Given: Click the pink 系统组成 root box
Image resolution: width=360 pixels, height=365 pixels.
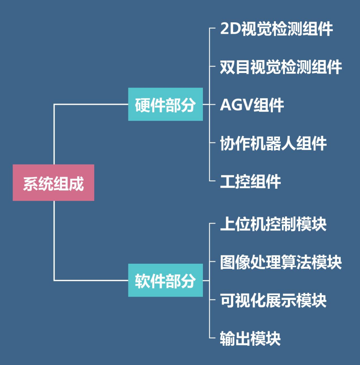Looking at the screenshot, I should coord(53,183).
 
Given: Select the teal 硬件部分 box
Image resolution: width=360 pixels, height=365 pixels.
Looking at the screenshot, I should coord(165,104).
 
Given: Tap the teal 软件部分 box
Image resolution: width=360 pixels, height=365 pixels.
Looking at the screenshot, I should coord(165,280).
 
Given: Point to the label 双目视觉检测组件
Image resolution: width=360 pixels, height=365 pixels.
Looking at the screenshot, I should coord(281,67).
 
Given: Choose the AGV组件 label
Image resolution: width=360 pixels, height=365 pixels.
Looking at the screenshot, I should coord(252,105).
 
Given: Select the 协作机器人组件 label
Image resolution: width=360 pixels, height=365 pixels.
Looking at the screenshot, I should coord(274,143).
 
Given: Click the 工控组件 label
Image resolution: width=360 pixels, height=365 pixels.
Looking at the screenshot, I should coord(250,182).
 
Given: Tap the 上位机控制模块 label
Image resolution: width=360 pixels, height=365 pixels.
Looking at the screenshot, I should coord(274,224).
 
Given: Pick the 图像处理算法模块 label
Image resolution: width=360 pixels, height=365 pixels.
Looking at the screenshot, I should coord(281,263).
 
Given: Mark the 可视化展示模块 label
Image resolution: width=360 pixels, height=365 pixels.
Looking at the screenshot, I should coord(274,301).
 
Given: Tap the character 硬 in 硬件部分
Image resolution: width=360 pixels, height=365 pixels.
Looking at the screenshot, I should coord(143,105).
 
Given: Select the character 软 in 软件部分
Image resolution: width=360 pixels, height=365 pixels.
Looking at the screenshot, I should coord(143,281).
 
